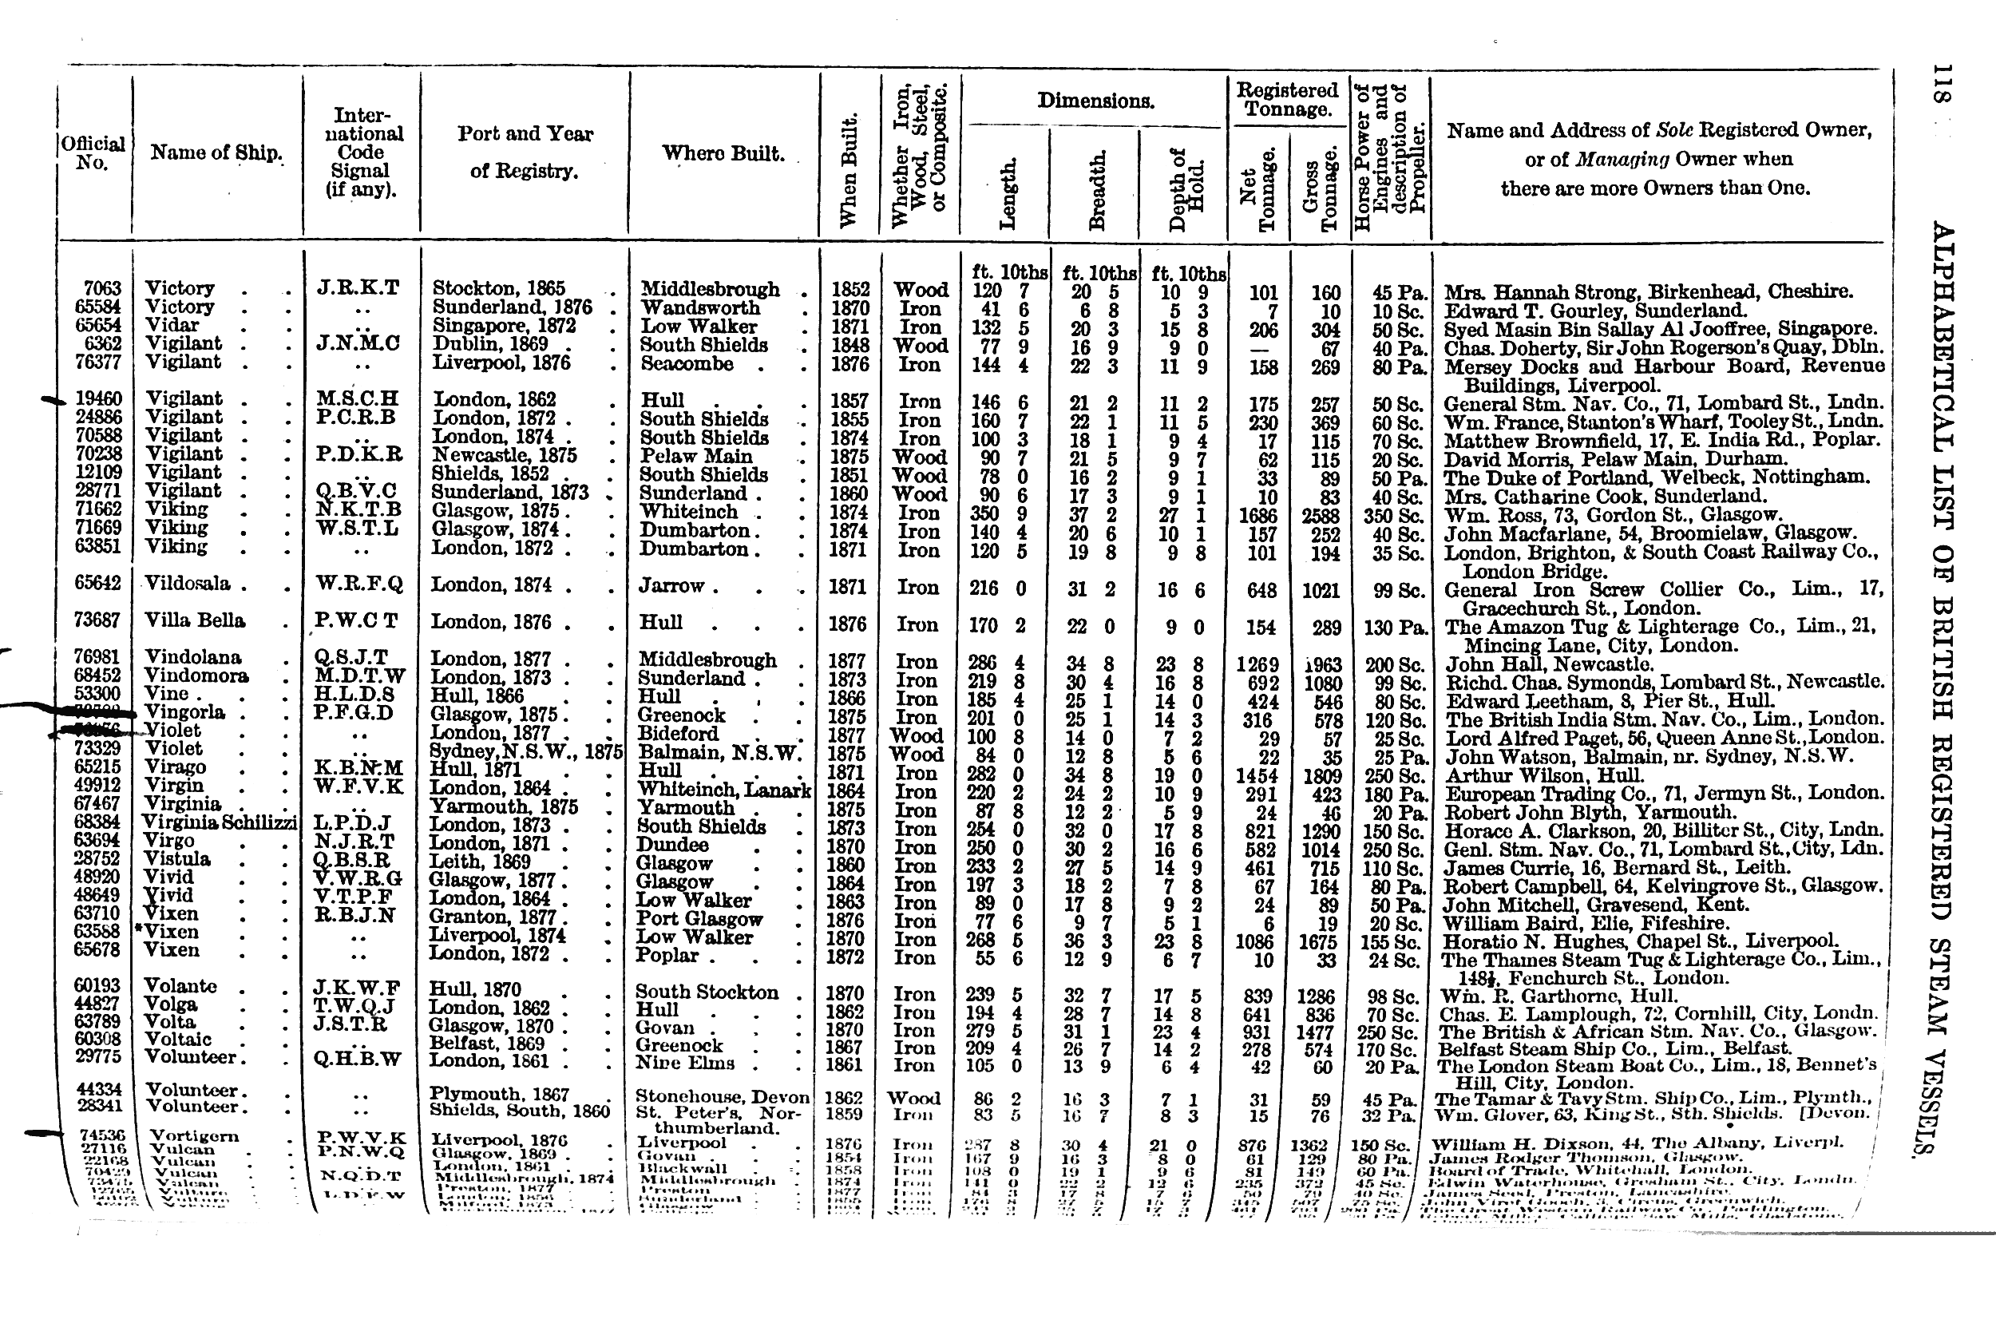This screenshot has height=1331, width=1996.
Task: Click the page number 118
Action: pyautogui.click(x=1943, y=84)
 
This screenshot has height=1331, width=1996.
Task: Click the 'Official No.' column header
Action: pyautogui.click(x=93, y=153)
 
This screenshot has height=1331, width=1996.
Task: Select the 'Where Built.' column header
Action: pyautogui.click(x=723, y=153)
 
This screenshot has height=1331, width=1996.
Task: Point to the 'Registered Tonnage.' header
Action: pyautogui.click(x=1286, y=99)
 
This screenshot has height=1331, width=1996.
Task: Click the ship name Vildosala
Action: pyautogui.click(x=188, y=584)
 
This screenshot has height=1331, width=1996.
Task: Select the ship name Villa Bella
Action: pyautogui.click(x=195, y=620)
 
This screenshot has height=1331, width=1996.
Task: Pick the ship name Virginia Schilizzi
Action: pyautogui.click(x=219, y=822)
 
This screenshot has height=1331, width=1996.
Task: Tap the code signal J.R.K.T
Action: pyautogui.click(x=357, y=287)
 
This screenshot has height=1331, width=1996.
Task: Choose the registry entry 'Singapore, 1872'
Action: pyautogui.click(x=504, y=326)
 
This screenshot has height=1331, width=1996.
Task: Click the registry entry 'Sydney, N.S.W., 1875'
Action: pyautogui.click(x=526, y=752)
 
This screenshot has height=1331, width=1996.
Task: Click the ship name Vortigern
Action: pyautogui.click(x=193, y=1135)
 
